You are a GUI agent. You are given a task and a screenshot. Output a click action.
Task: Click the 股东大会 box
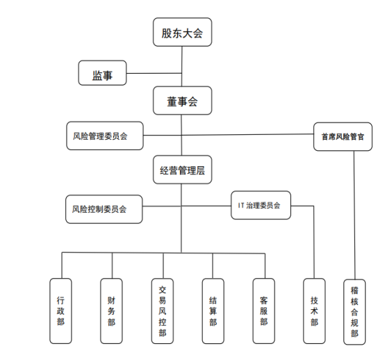(183, 32)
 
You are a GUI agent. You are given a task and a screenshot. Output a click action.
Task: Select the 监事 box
(102, 73)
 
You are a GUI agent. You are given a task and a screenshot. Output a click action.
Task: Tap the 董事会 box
(183, 101)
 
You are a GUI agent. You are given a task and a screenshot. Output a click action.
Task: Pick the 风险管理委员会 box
(105, 136)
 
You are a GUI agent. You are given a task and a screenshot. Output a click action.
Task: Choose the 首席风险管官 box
(343, 136)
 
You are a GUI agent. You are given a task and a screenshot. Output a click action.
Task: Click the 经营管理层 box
(183, 170)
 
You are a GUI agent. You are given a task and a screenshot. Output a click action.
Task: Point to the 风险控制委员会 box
(104, 209)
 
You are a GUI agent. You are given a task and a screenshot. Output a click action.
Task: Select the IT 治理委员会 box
(261, 205)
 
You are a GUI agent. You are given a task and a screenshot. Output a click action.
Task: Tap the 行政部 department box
(60, 311)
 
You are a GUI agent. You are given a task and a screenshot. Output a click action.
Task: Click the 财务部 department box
(111, 311)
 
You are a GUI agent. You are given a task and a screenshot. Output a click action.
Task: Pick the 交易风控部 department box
(163, 311)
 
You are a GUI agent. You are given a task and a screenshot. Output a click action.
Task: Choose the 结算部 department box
(213, 311)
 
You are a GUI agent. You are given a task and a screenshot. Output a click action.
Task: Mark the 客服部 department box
(263, 311)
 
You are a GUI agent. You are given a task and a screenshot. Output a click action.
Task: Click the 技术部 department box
(314, 311)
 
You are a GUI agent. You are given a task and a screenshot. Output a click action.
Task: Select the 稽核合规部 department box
(354, 312)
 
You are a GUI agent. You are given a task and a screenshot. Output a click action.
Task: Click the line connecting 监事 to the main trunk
(154, 73)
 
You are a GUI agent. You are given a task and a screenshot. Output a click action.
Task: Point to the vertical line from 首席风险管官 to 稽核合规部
(354, 215)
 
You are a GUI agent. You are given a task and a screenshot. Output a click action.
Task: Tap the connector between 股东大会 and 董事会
(182, 66)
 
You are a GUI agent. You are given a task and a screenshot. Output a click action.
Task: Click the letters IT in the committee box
(241, 205)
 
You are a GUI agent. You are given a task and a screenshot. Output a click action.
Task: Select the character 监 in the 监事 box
(97, 75)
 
